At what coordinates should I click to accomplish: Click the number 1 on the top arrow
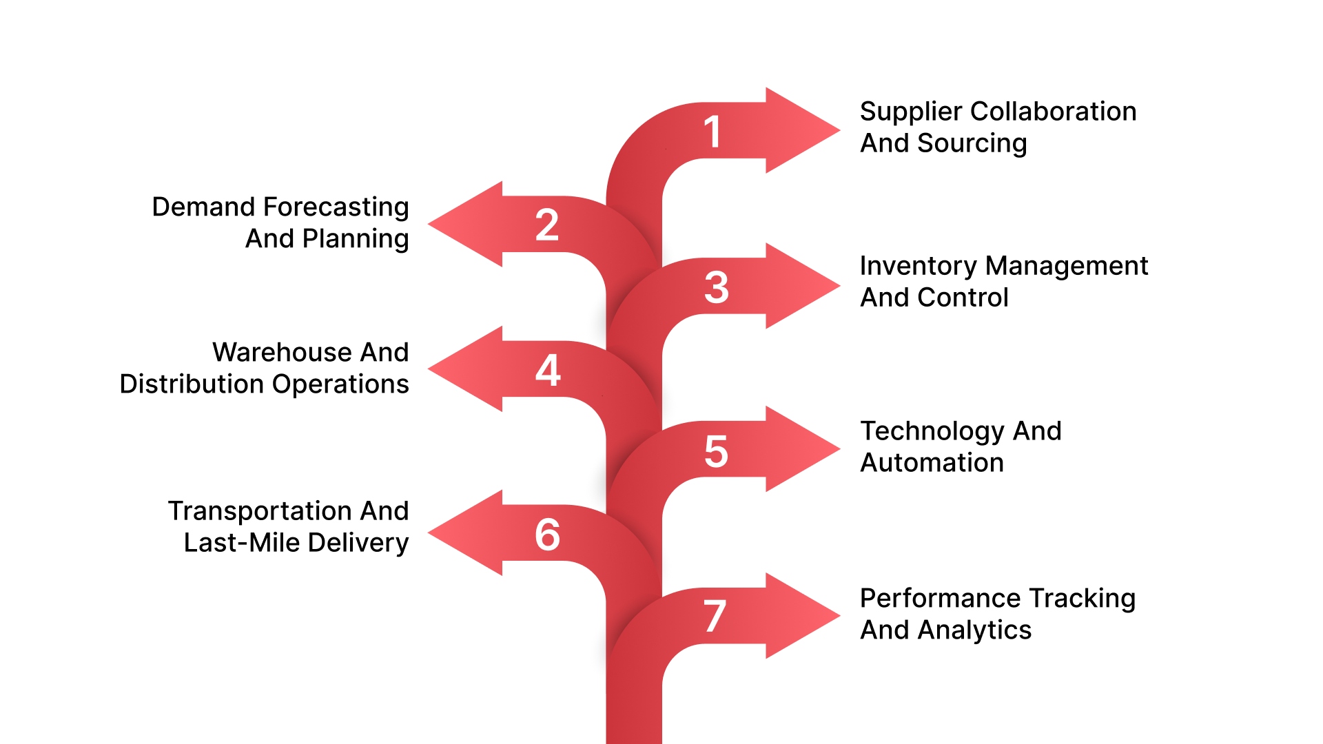click(712, 132)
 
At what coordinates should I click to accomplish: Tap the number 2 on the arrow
click(547, 225)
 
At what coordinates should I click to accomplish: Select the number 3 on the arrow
click(717, 287)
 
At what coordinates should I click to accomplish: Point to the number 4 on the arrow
click(548, 370)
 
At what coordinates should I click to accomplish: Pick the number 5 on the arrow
click(716, 452)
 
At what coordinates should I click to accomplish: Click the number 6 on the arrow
click(548, 535)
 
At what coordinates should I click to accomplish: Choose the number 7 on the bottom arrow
click(715, 616)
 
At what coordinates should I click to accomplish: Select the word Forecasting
click(336, 207)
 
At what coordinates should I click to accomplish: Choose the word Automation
click(932, 463)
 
